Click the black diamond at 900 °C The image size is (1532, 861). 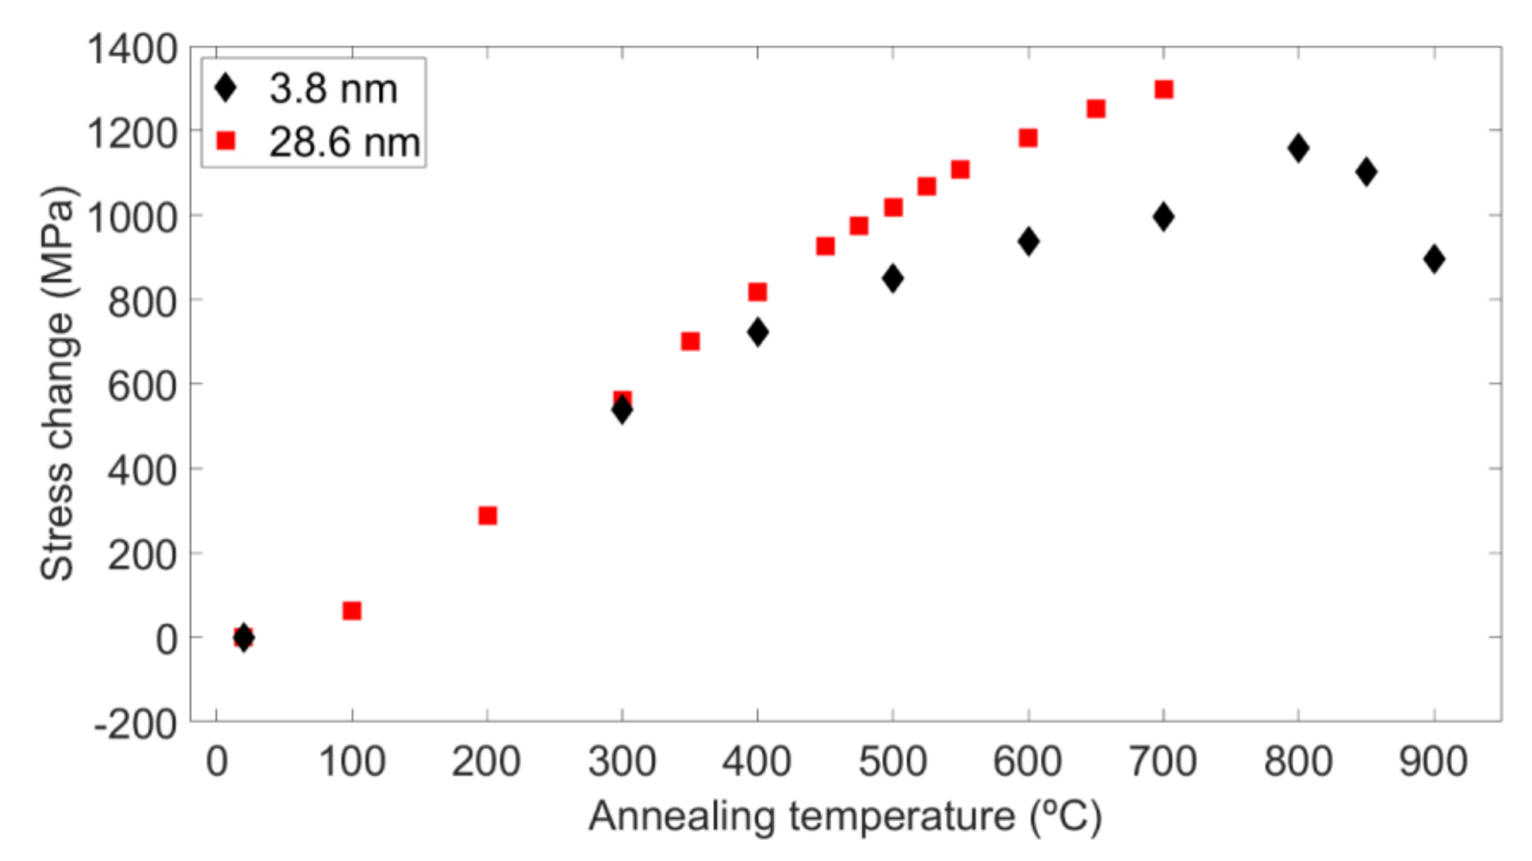tap(1433, 259)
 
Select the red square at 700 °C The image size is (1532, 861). tap(1163, 89)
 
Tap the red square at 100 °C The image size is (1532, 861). tap(352, 610)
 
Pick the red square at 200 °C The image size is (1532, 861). tap(487, 516)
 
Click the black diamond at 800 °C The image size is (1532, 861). tap(1298, 148)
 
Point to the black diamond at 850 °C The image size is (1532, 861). tap(1366, 172)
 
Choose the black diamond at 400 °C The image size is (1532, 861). tap(757, 332)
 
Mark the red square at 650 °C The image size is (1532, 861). tap(1096, 109)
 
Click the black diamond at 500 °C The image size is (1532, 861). tap(892, 278)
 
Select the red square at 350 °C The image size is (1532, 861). tap(690, 341)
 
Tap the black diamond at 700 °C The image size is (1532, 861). tap(1163, 217)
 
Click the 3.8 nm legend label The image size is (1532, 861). tap(333, 88)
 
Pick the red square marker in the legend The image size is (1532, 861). tap(225, 141)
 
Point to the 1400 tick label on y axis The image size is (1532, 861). tap(132, 49)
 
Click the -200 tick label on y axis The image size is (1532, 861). tap(135, 725)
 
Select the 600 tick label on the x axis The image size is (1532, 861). tap(1027, 762)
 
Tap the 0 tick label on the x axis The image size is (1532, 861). tap(216, 762)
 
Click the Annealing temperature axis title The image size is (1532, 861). tap(844, 816)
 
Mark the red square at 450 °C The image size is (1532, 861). tap(825, 246)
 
